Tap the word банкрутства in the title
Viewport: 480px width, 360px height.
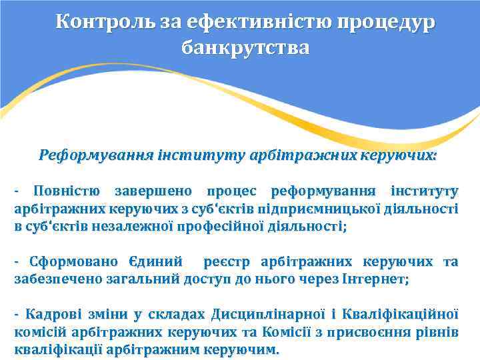[x=245, y=49]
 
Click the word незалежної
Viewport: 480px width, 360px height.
[x=131, y=226]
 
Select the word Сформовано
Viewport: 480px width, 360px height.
[x=75, y=261]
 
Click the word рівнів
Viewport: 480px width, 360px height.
[x=439, y=331]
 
